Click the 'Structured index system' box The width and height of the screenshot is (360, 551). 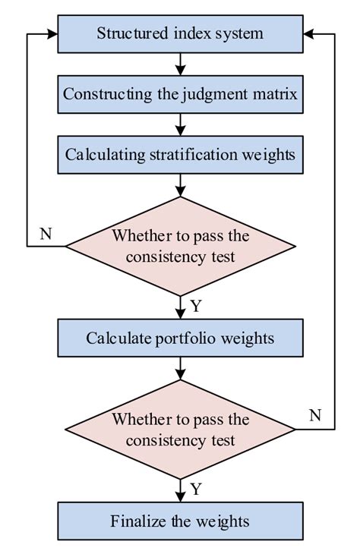point(180,34)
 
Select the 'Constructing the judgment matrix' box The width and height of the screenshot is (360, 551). point(180,94)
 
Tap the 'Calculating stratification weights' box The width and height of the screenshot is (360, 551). point(180,155)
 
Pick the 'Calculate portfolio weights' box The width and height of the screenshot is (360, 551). point(180,338)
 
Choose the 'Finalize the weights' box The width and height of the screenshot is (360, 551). point(180,521)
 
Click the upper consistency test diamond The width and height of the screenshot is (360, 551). point(180,247)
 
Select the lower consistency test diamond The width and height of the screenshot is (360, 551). point(180,430)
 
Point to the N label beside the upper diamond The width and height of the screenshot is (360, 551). point(46,233)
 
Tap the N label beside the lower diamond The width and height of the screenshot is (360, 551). point(315,416)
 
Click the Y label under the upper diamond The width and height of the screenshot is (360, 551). point(196,306)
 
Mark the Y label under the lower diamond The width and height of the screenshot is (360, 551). point(196,490)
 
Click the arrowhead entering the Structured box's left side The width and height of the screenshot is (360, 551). point(52,34)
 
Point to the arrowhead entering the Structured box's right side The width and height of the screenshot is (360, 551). point(308,34)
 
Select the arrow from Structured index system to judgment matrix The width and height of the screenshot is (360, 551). point(180,65)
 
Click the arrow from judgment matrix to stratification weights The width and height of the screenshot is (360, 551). point(180,124)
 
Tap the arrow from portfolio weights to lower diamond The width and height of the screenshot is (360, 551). point(180,369)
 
